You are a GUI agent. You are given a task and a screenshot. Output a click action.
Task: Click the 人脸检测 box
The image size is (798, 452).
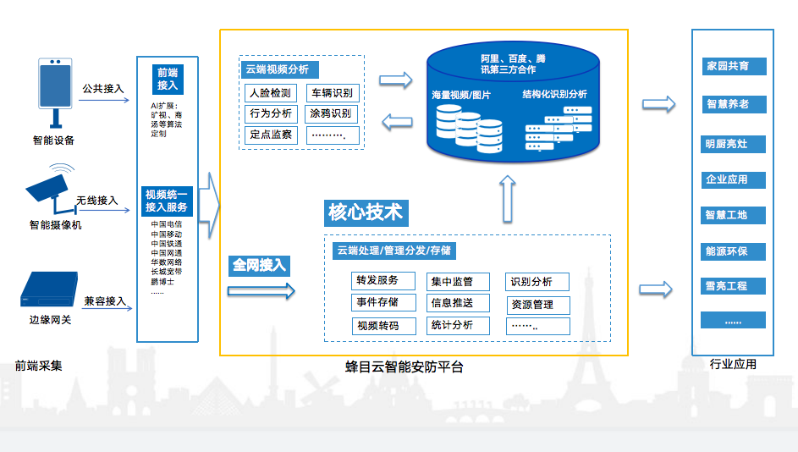click(272, 93)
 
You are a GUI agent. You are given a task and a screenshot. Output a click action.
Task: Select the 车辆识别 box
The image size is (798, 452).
click(332, 93)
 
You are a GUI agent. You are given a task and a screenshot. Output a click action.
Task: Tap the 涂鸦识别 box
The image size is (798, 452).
click(332, 113)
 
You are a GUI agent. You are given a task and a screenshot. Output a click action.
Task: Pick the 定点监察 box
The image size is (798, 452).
click(272, 135)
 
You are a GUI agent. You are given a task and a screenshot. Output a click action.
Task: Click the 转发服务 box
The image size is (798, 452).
click(374, 281)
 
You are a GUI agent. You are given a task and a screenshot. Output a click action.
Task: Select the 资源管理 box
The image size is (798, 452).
click(538, 304)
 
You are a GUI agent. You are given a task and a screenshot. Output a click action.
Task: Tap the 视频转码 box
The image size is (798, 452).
click(374, 326)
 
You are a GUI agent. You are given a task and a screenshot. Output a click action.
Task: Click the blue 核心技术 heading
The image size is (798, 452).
click(366, 212)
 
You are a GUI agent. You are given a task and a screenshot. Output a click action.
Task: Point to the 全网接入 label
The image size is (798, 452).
click(259, 265)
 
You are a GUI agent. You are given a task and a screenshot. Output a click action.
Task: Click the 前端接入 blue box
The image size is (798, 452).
click(168, 79)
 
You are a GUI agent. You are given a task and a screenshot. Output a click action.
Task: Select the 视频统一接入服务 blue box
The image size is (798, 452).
click(168, 201)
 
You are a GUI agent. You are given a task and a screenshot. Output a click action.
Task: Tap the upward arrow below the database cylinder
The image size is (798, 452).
click(507, 198)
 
